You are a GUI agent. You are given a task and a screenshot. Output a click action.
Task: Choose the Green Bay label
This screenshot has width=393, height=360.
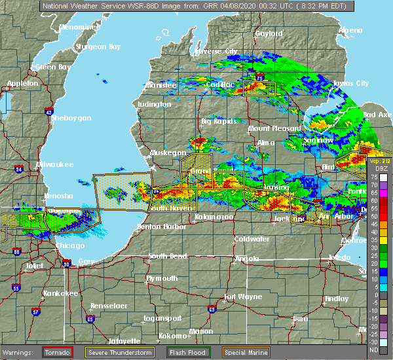pos(53,67)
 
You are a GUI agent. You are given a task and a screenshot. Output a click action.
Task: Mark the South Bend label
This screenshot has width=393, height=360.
pos(167,256)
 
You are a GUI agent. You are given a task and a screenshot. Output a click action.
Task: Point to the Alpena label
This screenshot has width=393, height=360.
pos(350,31)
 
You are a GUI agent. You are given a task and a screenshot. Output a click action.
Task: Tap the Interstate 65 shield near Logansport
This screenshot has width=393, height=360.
pos(90,319)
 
